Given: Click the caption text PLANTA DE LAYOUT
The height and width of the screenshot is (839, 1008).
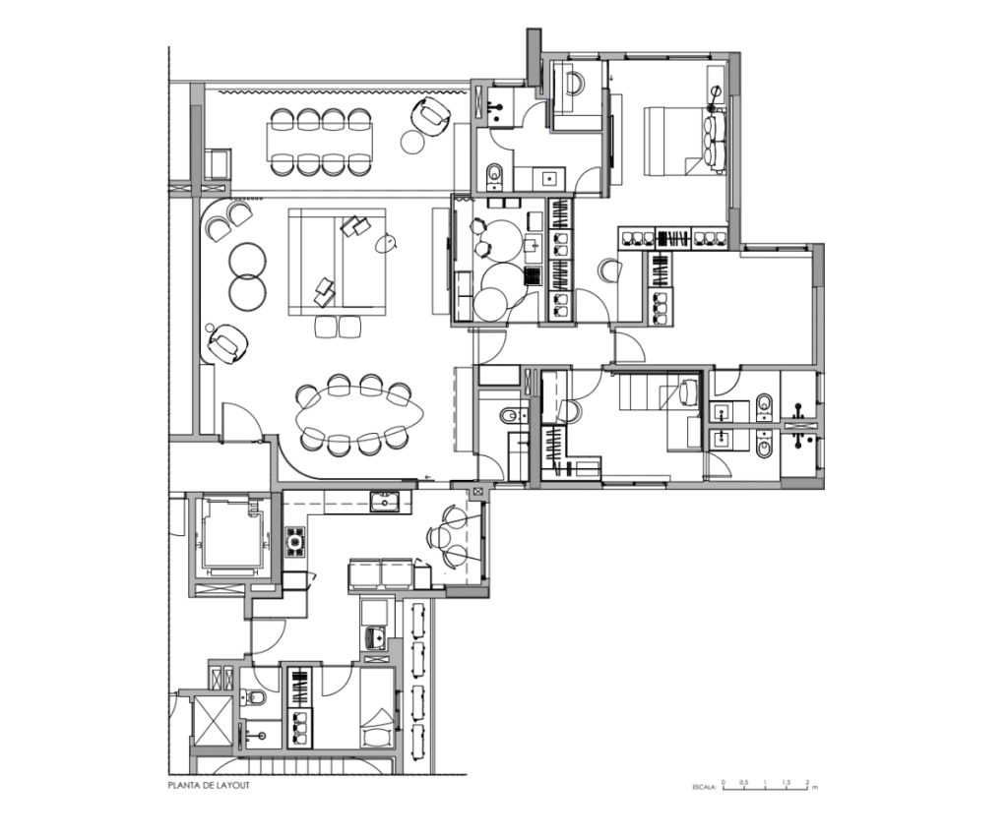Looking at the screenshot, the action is (x=209, y=785).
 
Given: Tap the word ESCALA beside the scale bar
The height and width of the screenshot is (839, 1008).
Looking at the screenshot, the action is (x=704, y=786).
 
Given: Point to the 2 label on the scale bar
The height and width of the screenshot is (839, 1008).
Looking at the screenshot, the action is (x=807, y=782).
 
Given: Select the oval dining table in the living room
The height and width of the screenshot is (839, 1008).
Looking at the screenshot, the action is (x=360, y=416).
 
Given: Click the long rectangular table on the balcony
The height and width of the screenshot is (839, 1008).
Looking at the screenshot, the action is (x=320, y=142).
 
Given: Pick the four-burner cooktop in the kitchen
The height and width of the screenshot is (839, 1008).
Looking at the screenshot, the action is (x=295, y=542).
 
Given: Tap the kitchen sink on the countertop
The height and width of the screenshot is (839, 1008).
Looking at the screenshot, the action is (x=385, y=501).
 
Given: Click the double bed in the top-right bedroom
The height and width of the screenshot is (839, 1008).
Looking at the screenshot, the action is (x=685, y=141).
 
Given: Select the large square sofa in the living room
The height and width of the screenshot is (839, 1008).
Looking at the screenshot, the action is (x=337, y=262).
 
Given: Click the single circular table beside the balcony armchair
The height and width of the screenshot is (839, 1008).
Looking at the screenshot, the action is (x=412, y=142).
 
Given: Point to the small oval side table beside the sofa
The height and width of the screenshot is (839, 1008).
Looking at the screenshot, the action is (x=388, y=243).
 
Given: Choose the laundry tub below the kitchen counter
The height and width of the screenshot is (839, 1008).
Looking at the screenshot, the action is (x=375, y=638).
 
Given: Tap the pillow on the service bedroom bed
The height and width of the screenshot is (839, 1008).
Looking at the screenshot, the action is (x=377, y=736).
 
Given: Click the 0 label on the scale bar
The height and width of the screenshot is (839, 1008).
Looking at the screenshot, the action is (x=724, y=782).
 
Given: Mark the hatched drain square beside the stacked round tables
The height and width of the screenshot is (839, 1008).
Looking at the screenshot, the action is (x=533, y=275).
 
